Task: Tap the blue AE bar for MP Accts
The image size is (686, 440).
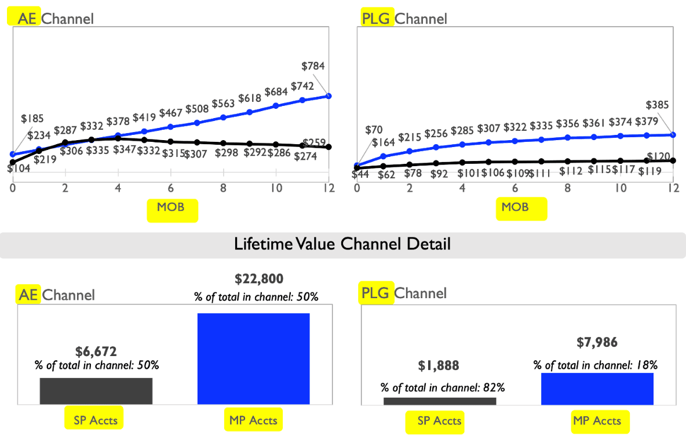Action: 253,358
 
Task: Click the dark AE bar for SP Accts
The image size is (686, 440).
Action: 96,391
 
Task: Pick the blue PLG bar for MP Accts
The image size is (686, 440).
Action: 597,388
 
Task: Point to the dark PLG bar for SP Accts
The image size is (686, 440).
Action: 440,401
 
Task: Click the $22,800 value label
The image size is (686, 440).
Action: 259,279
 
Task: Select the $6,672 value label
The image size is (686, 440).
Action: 96,351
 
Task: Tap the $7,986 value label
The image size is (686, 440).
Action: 597,343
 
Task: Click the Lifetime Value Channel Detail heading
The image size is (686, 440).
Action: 342,244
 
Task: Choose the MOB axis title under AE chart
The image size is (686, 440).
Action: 172,207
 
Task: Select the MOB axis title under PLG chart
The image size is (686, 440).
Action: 515,207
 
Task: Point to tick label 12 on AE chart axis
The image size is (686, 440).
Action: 329,188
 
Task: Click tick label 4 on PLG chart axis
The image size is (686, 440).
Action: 462,188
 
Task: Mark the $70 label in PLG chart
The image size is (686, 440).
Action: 375,130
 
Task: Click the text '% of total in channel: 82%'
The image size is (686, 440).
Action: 439,387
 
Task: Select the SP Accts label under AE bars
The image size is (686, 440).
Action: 96,420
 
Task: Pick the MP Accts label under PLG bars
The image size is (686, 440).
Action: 597,421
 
